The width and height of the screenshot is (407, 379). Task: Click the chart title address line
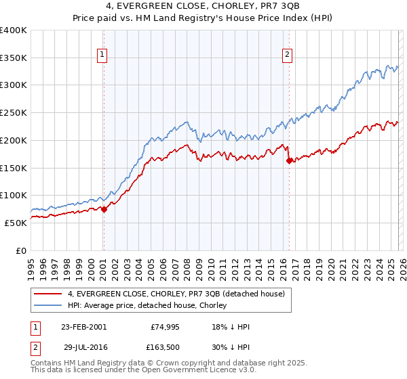point(203,7)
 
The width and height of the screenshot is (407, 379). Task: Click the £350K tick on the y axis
point(14,58)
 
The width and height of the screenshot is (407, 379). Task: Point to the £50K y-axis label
point(16,223)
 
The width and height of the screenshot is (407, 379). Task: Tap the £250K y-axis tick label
point(14,113)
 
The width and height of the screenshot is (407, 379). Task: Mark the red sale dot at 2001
point(104,209)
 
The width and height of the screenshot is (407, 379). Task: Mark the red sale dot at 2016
point(289,161)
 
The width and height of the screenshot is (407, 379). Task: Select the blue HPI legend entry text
point(152,305)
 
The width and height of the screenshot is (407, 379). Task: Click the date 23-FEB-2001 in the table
point(83,327)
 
